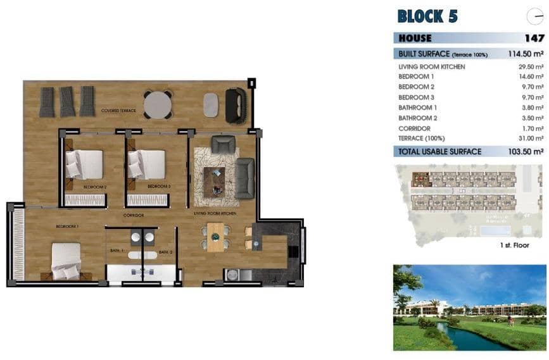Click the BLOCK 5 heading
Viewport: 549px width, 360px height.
427,16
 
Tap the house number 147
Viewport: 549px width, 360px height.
534,38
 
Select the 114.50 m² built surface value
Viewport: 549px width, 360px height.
526,54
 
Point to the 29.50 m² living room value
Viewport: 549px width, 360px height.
531,66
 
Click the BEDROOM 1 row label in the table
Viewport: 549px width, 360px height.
416,77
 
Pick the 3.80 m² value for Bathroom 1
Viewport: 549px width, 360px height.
532,108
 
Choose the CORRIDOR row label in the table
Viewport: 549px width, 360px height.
414,128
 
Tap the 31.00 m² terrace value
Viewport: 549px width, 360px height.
531,138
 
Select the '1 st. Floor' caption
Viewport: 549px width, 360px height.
514,245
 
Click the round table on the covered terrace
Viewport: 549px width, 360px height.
158,104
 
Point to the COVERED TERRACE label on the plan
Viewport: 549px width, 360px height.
118,111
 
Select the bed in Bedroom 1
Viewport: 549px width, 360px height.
66,261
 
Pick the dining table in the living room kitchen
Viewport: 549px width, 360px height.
216,237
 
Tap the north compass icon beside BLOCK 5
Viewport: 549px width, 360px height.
534,17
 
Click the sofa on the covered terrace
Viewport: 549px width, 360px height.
236,105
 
